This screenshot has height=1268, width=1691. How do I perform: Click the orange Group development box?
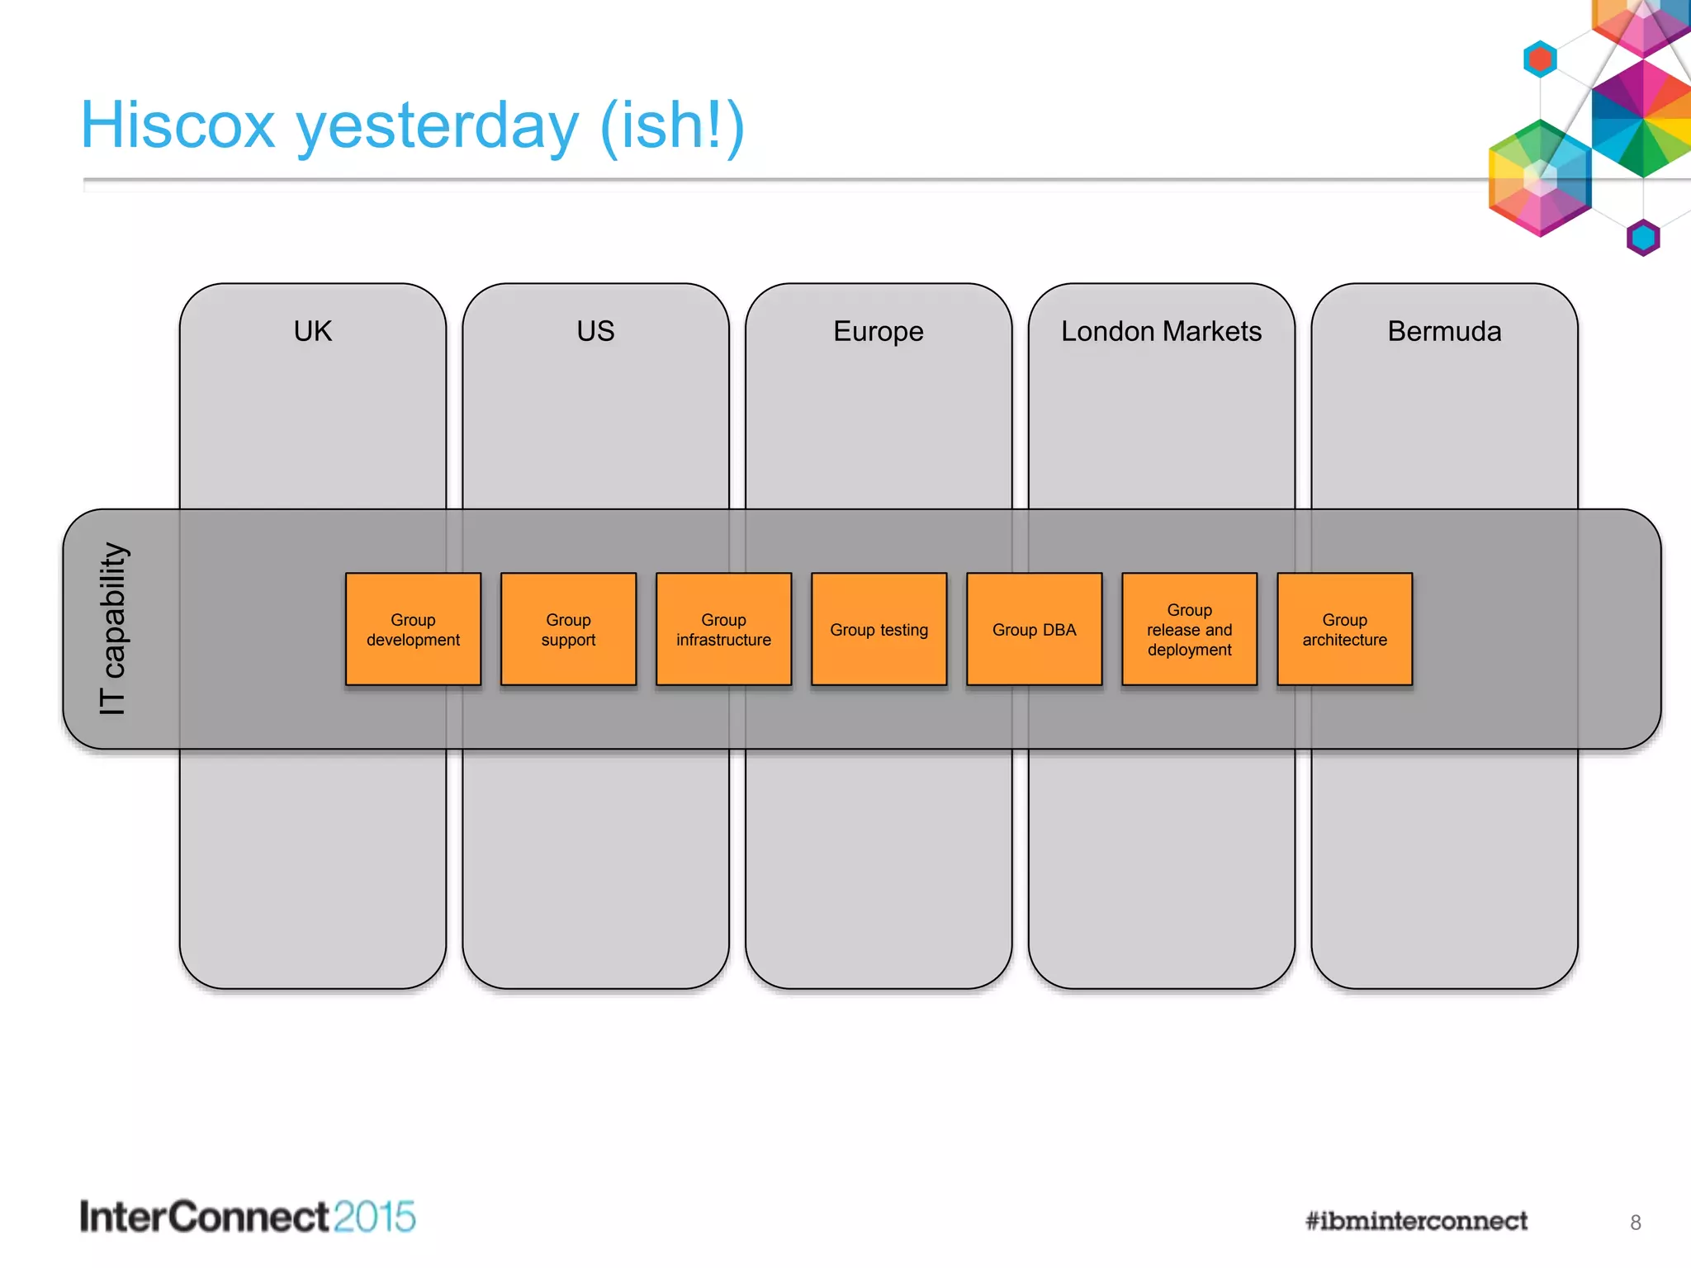click(413, 629)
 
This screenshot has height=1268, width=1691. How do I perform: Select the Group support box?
click(568, 629)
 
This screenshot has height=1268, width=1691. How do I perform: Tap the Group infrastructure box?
click(723, 629)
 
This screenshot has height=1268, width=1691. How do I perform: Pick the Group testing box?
click(879, 629)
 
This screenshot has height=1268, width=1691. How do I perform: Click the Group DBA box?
click(1034, 629)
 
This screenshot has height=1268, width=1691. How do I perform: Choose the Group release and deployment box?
click(1189, 629)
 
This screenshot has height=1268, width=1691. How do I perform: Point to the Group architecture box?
click(1344, 629)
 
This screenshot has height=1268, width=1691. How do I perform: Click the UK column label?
click(312, 331)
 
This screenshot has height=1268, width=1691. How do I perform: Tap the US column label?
click(595, 331)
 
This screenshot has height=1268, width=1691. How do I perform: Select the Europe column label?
click(878, 331)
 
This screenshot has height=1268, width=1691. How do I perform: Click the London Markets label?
click(1161, 331)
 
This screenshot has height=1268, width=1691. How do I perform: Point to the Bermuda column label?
click(1444, 331)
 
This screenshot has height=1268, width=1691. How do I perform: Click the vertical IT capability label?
click(112, 628)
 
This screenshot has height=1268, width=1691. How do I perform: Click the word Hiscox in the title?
click(178, 125)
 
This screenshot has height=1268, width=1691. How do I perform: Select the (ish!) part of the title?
click(672, 125)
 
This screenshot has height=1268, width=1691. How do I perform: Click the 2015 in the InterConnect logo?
click(375, 1217)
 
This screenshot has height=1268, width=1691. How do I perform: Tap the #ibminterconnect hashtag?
click(1416, 1221)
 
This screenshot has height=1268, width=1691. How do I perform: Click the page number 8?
click(1635, 1223)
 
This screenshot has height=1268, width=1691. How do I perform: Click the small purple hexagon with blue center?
click(1642, 238)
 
